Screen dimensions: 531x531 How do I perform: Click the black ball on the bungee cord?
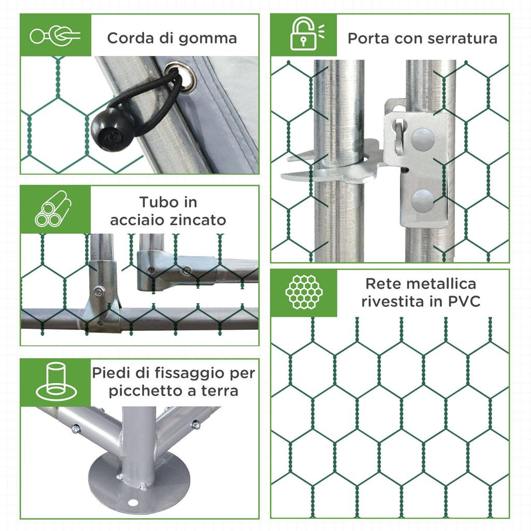113,129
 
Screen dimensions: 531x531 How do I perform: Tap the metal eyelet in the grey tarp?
180,77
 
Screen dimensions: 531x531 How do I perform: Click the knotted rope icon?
55,35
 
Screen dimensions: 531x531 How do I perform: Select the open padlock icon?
306,34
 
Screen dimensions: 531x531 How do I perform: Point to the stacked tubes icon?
53,208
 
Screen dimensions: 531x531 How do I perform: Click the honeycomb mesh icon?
304,292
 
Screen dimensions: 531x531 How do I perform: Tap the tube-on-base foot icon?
56,381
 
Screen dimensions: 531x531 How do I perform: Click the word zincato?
198,220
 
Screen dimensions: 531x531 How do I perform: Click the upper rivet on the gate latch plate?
423,139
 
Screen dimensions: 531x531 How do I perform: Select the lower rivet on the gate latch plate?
422,200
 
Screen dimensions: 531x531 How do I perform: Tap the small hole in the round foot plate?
133,503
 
